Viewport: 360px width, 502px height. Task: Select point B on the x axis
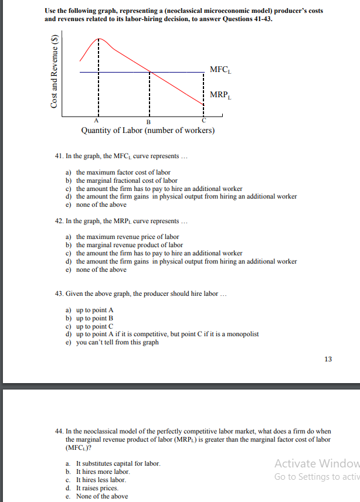(149, 121)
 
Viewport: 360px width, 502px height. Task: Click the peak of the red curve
(99, 39)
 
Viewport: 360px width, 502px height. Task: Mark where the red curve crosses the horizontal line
(150, 72)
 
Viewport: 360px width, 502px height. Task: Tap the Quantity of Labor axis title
(148, 131)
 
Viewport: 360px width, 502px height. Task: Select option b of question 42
(130, 245)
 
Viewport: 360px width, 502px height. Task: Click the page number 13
(327, 358)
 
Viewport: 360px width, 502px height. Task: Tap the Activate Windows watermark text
(317, 463)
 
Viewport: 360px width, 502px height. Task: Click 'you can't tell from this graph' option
(117, 342)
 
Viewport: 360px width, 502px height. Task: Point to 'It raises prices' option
(97, 487)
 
